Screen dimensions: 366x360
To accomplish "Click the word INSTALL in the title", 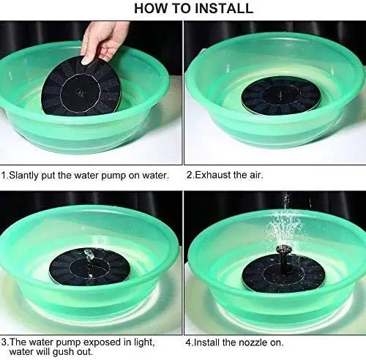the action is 224,8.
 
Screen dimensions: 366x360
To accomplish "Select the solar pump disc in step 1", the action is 82,86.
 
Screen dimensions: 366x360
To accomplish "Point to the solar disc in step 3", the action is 89,266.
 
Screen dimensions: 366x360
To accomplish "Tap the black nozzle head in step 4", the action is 283,250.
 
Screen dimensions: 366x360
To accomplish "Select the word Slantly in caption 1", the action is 23,176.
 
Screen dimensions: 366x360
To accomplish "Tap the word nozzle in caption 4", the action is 253,342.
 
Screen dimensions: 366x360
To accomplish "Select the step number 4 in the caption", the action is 188,342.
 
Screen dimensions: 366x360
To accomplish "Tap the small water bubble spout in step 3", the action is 89,255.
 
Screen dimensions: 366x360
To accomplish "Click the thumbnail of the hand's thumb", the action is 86,60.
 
